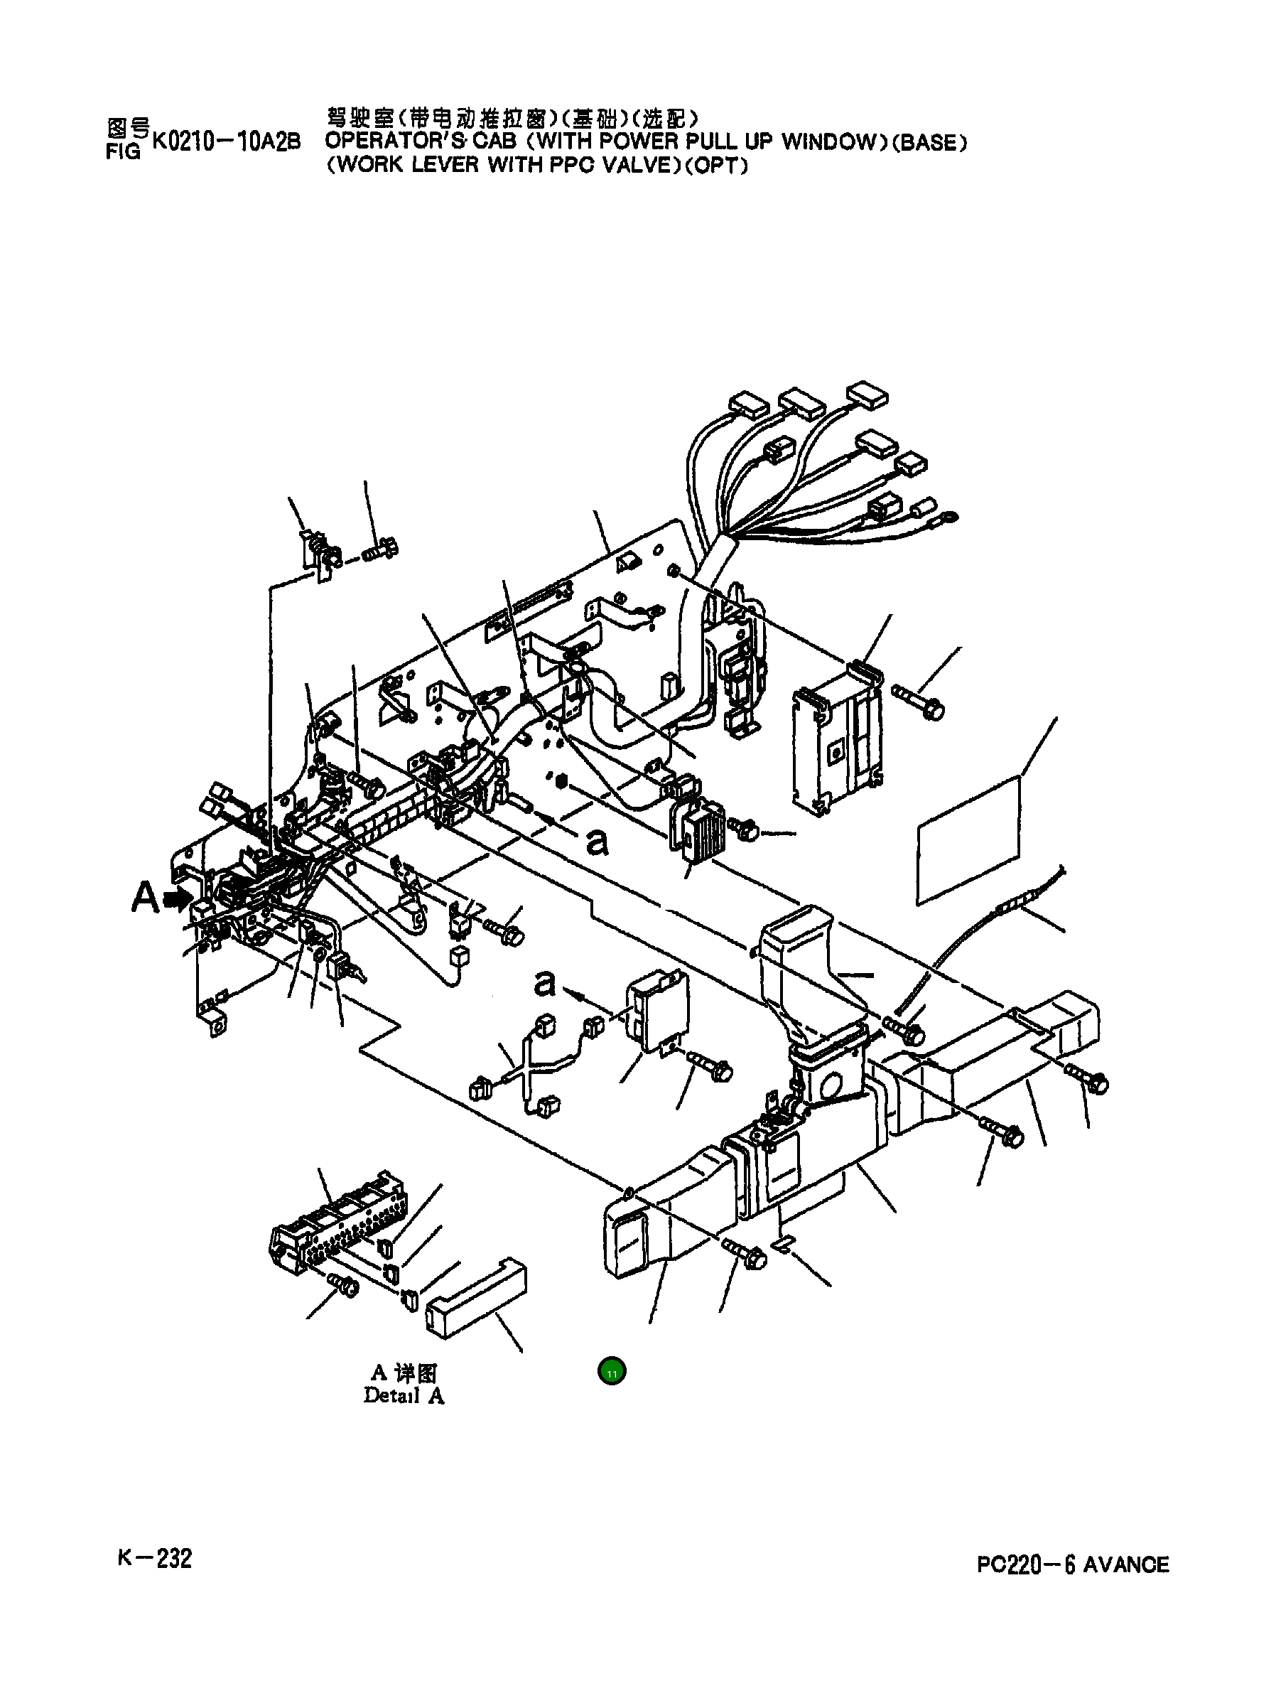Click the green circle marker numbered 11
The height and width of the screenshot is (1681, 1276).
coord(612,1372)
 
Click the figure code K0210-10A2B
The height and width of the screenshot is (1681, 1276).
coord(227,142)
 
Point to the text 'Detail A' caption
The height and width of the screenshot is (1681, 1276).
coord(404,1395)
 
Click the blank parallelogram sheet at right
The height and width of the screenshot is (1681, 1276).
coord(968,839)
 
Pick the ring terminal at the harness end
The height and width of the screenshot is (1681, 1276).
coord(948,518)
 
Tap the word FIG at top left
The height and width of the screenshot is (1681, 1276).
coord(122,152)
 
